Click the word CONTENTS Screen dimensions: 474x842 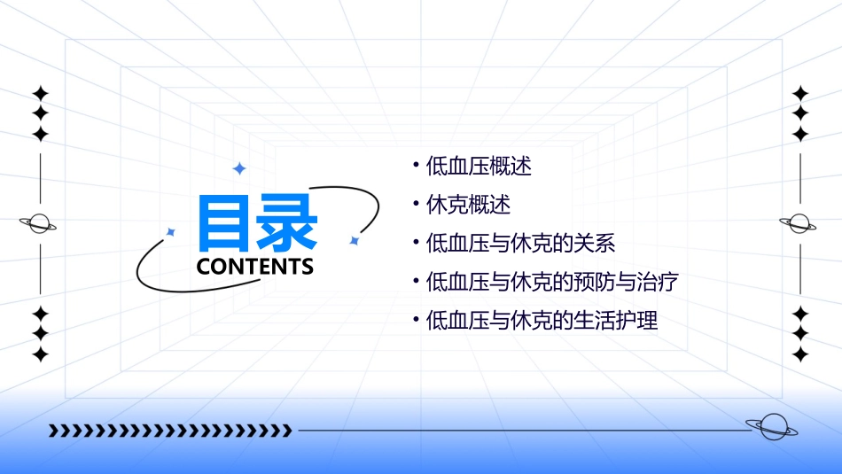[x=255, y=267]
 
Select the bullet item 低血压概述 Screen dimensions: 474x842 [x=479, y=166]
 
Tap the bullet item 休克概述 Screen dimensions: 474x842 [x=468, y=205]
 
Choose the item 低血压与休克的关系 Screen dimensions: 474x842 [x=520, y=244]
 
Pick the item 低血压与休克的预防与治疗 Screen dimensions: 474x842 [x=552, y=283]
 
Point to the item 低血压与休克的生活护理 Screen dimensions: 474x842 [x=542, y=321]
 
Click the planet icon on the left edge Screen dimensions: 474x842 [x=40, y=223]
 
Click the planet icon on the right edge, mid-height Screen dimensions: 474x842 [x=799, y=223]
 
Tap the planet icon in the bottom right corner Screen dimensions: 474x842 [x=771, y=427]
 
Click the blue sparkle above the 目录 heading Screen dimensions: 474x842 [x=238, y=168]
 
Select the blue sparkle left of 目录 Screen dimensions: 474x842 [x=171, y=232]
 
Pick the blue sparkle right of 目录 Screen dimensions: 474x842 [x=354, y=240]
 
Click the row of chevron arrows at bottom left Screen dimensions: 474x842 [x=170, y=431]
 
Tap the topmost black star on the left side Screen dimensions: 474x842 [x=40, y=93]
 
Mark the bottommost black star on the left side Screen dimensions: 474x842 [x=40, y=354]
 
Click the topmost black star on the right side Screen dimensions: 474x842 [x=800, y=93]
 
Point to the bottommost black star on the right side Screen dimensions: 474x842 [x=800, y=354]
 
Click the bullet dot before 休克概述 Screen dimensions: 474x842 [x=416, y=205]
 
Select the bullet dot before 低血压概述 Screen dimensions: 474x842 [x=416, y=165]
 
